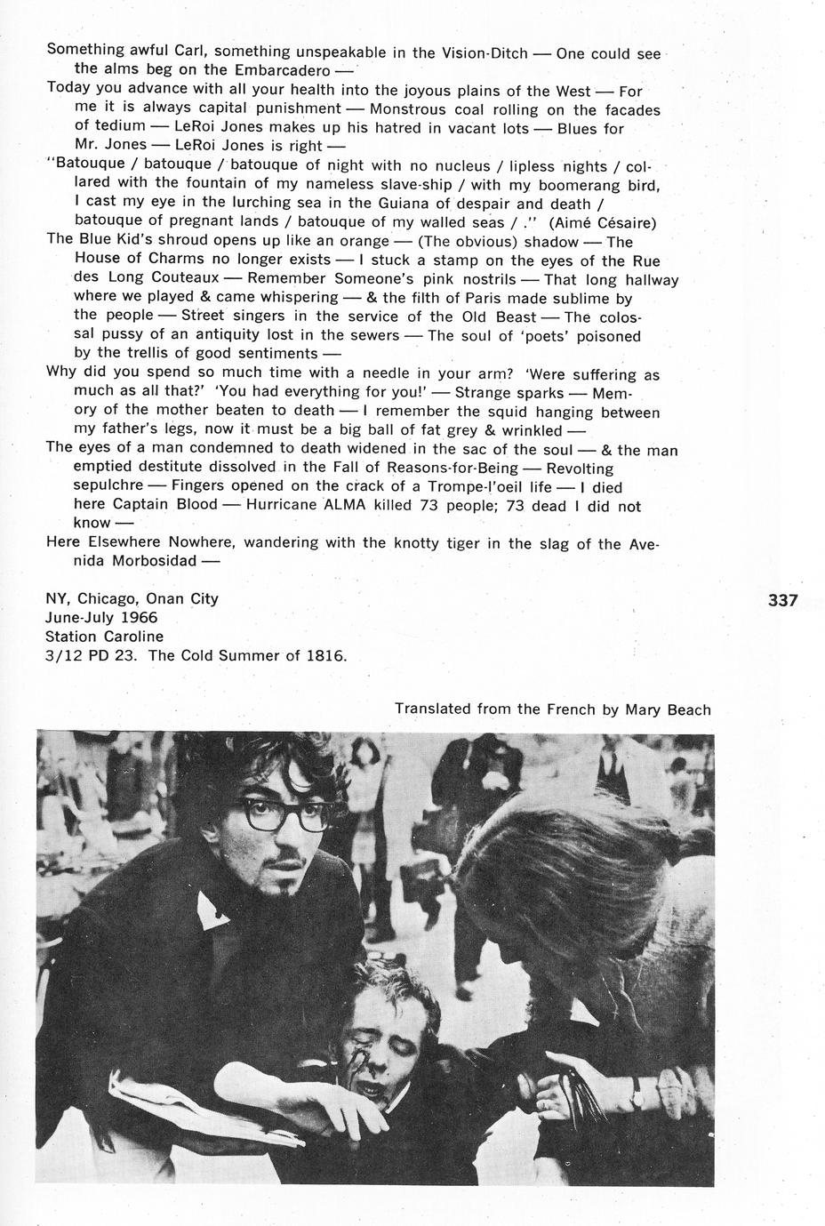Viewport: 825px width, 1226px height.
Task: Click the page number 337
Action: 782,600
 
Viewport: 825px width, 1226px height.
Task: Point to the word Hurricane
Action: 286,505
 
